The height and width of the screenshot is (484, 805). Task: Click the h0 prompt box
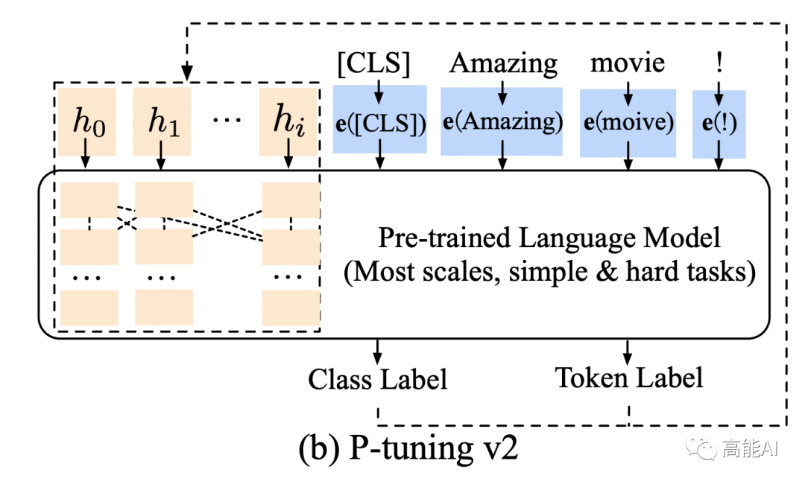(89, 122)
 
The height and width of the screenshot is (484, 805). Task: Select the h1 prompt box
(162, 122)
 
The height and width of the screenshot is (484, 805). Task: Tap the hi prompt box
(288, 122)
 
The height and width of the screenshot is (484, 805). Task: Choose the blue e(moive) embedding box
(628, 122)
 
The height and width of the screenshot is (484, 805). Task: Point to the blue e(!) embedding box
(719, 124)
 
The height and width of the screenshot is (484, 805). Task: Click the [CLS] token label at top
(373, 65)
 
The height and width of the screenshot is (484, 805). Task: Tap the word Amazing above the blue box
(503, 65)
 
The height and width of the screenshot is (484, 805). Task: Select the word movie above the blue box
(628, 63)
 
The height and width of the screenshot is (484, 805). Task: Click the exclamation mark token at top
(719, 63)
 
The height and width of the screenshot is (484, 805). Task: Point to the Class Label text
(378, 379)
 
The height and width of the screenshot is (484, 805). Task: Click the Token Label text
(629, 378)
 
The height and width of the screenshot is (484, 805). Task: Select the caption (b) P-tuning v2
(407, 450)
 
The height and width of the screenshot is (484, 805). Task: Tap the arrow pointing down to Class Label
(378, 349)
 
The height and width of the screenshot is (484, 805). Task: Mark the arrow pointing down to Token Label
(628, 349)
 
